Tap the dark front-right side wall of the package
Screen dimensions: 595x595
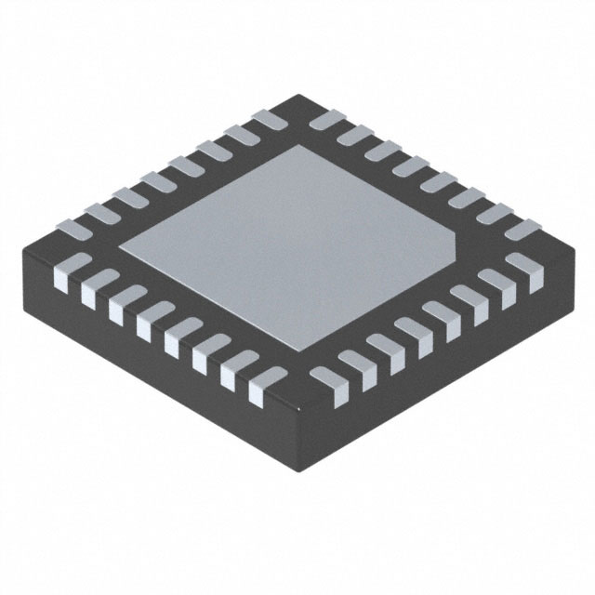[x=437, y=367]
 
